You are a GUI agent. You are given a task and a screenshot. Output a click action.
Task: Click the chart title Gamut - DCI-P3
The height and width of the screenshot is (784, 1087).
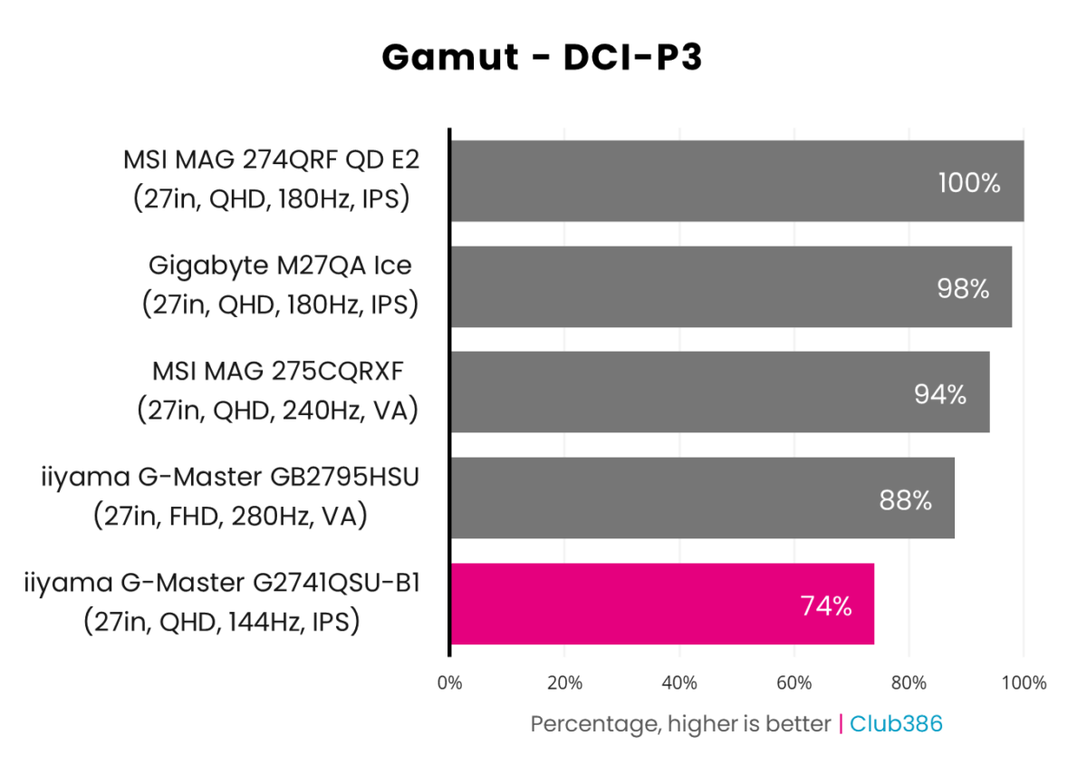[542, 57]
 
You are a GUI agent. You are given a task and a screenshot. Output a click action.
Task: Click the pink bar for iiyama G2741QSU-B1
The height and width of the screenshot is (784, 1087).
[661, 604]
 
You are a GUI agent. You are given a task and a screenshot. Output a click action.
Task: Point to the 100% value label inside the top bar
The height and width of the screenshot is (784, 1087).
[969, 183]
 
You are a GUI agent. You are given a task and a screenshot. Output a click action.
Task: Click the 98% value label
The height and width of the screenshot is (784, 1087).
[963, 289]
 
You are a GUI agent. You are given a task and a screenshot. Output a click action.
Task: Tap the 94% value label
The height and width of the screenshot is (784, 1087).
[940, 395]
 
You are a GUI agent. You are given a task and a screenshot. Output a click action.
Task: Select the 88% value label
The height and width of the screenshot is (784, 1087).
[905, 500]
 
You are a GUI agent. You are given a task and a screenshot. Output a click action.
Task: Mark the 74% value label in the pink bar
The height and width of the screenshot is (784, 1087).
[825, 606]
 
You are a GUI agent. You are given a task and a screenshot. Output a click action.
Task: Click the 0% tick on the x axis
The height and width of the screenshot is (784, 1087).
[450, 682]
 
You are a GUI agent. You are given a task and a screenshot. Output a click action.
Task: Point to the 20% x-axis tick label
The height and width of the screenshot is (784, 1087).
[564, 682]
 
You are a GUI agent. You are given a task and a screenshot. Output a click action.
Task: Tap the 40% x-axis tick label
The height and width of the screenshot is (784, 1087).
[679, 682]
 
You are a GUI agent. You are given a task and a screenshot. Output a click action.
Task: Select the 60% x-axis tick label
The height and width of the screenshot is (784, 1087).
[794, 682]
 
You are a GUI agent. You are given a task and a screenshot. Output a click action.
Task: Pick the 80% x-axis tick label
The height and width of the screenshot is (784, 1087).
[909, 682]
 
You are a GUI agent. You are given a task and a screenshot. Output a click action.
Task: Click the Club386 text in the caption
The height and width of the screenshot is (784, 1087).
[897, 724]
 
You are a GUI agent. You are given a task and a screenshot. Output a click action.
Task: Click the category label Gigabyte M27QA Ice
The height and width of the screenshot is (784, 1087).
[280, 266]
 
